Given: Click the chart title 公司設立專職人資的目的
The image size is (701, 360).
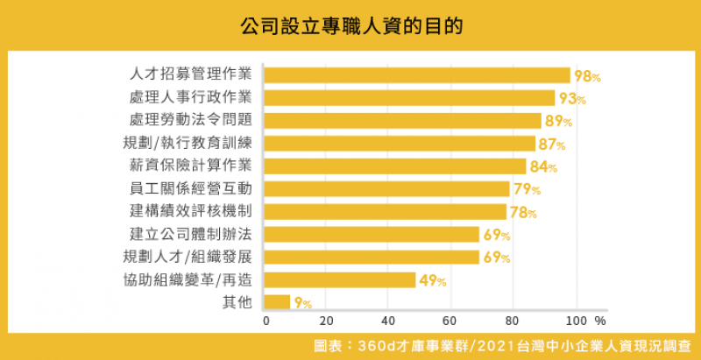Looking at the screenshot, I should [350, 25].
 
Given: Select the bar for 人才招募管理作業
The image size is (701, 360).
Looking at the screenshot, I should [416, 75].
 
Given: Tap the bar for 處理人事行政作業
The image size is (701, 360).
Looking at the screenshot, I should [408, 98].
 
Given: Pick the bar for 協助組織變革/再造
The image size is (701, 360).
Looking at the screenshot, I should [339, 280].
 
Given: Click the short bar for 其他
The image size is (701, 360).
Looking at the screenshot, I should [276, 303].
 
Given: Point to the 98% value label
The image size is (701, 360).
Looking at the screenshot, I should [586, 76].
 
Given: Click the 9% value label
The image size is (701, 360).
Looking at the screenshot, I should [303, 304].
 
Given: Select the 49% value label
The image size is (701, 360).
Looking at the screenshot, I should [432, 281].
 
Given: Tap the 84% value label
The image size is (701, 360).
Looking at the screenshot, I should [542, 167].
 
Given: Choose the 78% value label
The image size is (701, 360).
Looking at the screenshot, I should [523, 213].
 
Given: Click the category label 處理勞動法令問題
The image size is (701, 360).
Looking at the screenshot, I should [190, 121].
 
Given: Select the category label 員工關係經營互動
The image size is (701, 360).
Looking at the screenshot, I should [190, 189].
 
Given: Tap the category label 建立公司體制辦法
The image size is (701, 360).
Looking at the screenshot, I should [190, 235].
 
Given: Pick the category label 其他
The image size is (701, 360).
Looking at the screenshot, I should [237, 303].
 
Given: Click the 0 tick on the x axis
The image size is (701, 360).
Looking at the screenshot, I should [266, 321].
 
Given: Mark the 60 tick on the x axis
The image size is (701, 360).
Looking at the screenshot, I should [450, 321].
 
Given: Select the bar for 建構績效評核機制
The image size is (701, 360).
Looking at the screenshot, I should [385, 212].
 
